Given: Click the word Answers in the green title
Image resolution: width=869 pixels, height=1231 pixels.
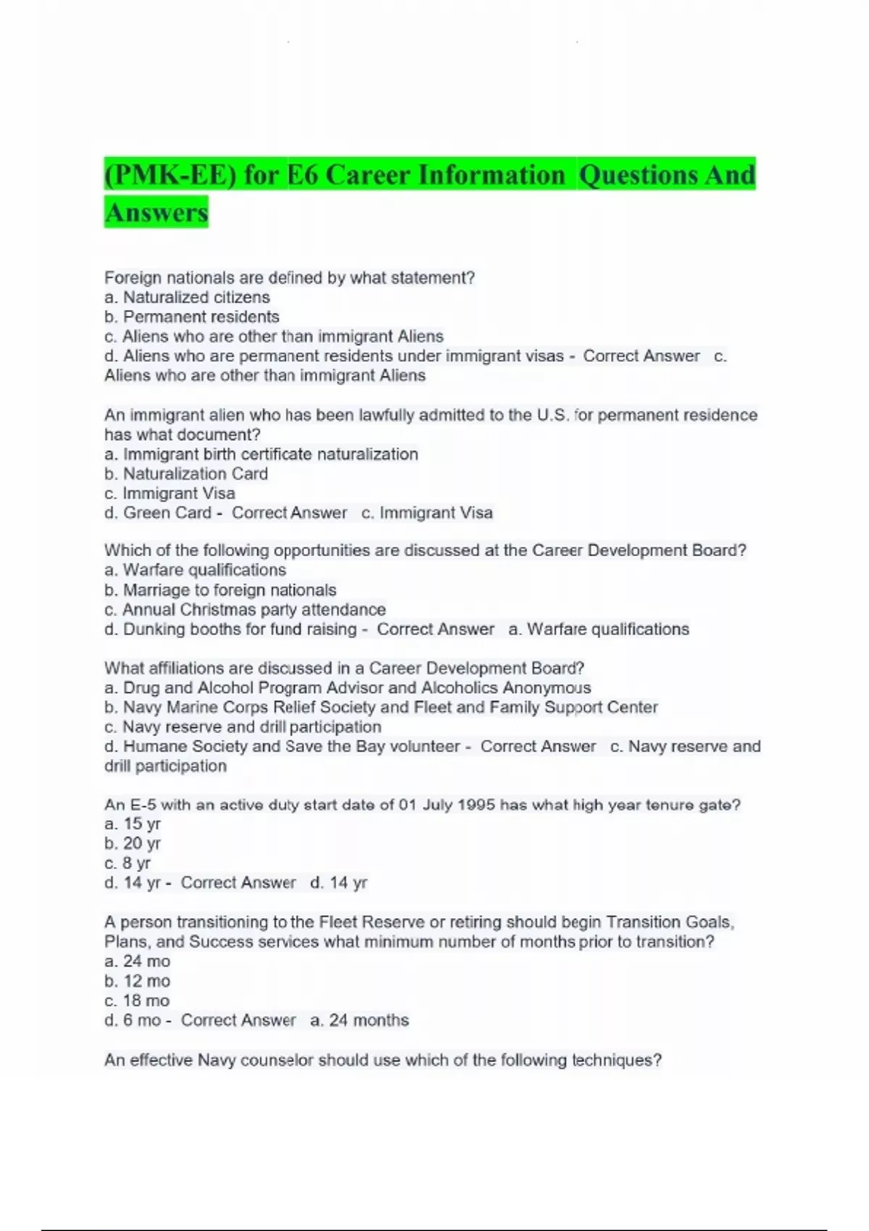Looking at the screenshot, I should click(156, 212).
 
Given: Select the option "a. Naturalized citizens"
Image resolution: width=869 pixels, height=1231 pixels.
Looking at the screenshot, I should click(187, 297).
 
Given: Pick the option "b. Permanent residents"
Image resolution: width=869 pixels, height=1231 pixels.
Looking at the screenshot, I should click(192, 316).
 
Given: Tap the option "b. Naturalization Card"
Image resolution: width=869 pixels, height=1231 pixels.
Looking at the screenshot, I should click(186, 474).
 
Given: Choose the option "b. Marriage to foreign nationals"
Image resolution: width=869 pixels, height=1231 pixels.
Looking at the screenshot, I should click(220, 590).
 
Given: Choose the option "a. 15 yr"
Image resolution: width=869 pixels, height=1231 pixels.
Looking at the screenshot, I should click(133, 824).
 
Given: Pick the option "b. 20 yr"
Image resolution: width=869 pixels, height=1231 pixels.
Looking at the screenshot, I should click(133, 844).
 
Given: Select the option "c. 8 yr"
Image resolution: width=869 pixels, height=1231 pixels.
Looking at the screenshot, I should click(127, 863).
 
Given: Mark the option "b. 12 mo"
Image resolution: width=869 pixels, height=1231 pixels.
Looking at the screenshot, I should click(137, 981).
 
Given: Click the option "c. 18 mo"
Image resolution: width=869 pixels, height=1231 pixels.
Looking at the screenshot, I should click(137, 1001).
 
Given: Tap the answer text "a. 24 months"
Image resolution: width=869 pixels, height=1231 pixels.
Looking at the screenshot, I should click(359, 1020).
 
